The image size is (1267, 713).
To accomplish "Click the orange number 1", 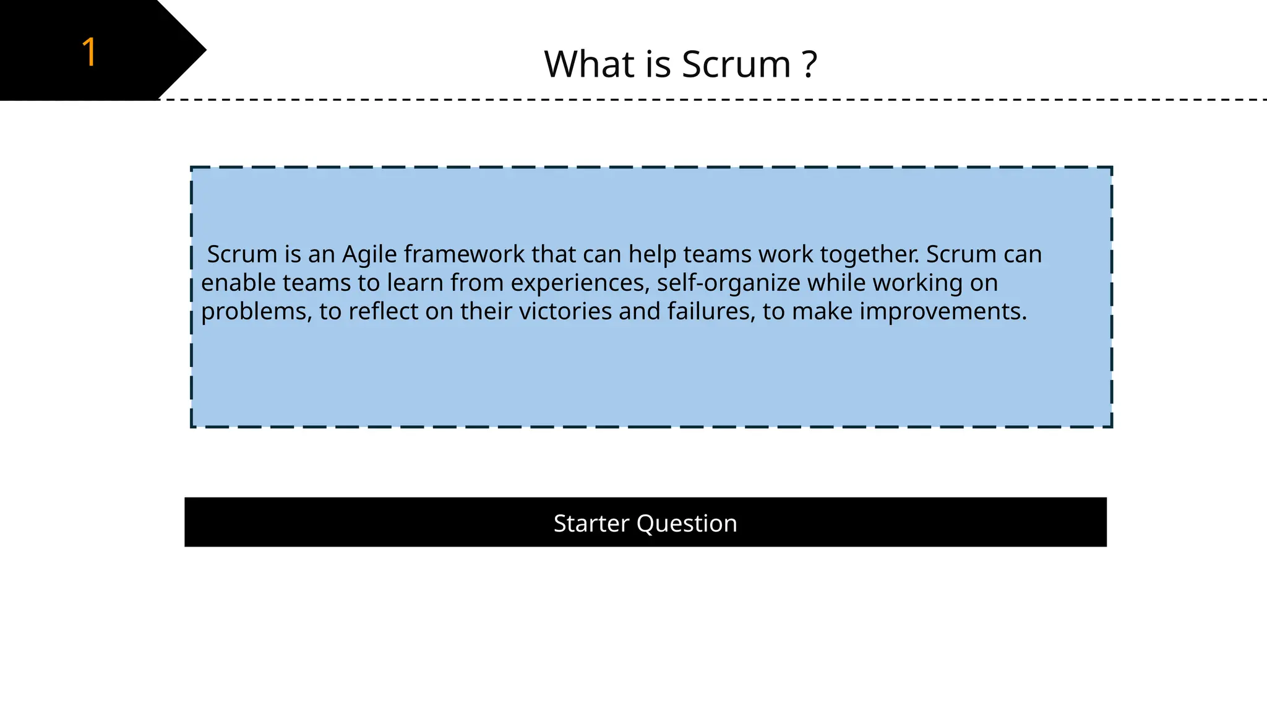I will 89,52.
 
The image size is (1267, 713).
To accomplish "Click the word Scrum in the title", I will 736,64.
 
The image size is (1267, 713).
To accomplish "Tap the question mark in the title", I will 809,64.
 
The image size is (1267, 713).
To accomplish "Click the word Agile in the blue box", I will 369,255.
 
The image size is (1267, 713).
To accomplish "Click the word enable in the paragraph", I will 238,283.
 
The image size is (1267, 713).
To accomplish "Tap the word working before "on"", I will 917,283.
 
